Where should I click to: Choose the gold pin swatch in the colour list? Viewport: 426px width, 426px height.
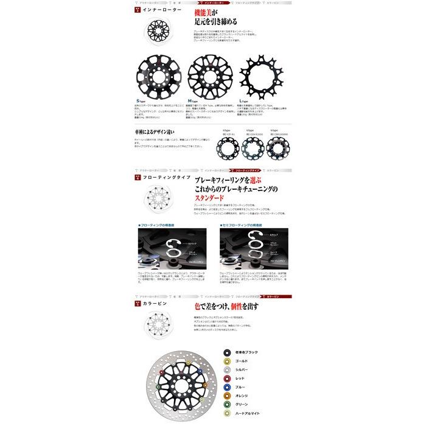[227, 361]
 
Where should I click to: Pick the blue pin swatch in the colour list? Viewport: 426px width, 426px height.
[227, 386]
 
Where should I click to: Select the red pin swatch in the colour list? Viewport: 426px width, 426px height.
[227, 378]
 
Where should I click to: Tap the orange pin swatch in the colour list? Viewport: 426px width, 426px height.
[227, 395]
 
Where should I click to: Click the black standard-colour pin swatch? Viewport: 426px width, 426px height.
[227, 352]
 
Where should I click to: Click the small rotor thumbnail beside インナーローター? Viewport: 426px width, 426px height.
[147, 29]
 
